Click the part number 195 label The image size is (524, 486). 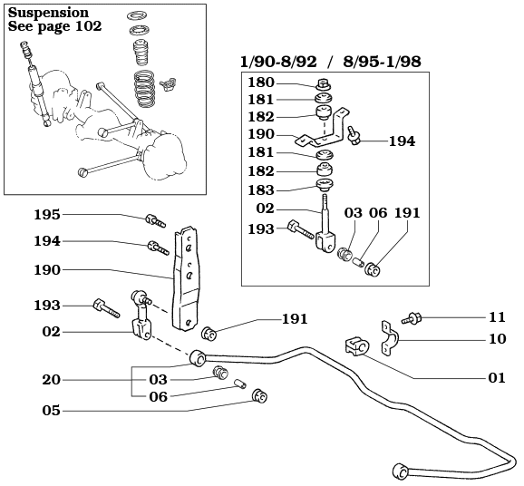click(47, 215)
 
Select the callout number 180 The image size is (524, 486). click(261, 83)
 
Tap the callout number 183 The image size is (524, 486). click(261, 190)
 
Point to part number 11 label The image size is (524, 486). click(497, 317)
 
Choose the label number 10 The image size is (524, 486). click(497, 341)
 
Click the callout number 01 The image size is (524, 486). click(497, 378)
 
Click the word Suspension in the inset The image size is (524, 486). click(48, 13)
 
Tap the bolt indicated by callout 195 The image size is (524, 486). click(154, 219)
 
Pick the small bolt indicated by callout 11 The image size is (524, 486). click(413, 317)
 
